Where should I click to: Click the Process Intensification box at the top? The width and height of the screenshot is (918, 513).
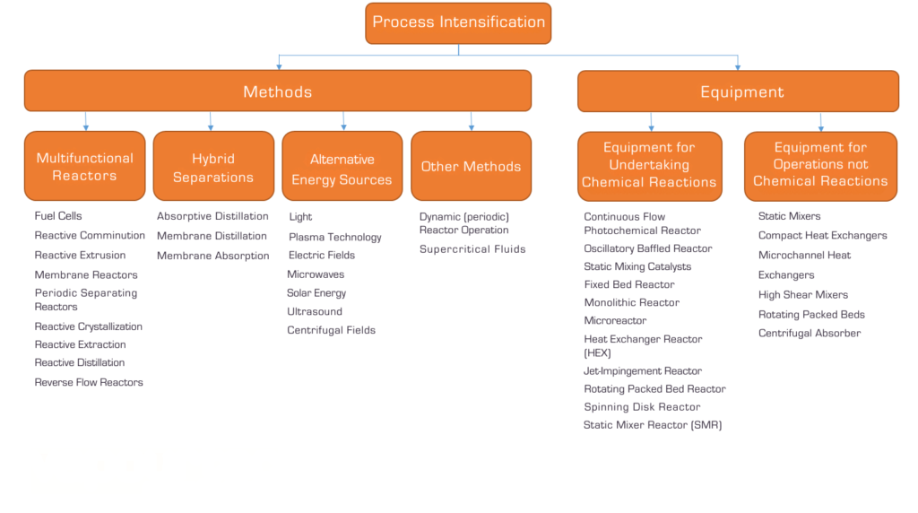tap(458, 22)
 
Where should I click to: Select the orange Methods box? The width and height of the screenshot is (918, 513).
tap(277, 91)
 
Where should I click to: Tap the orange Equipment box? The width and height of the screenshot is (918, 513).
tap(738, 91)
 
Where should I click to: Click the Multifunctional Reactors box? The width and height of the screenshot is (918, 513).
tap(85, 166)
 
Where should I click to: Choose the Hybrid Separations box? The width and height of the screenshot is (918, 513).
tap(213, 166)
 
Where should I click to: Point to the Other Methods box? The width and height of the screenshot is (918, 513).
tap(471, 166)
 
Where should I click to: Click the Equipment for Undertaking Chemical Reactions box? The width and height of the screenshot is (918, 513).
tap(649, 166)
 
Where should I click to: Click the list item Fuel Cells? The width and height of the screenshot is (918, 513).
tap(58, 216)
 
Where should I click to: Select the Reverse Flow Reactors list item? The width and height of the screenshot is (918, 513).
tap(89, 383)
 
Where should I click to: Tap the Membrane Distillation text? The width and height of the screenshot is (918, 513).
tap(212, 236)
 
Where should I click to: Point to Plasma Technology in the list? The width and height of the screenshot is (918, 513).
tap(335, 238)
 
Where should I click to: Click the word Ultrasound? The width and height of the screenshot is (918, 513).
tap(315, 312)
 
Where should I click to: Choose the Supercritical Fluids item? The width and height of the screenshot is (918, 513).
tap(472, 249)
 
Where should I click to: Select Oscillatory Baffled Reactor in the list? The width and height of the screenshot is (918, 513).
tap(648, 248)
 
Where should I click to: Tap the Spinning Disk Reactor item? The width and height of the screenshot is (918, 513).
tap(642, 407)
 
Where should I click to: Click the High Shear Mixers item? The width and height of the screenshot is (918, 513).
tap(803, 295)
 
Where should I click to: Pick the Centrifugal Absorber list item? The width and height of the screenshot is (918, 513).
tap(810, 334)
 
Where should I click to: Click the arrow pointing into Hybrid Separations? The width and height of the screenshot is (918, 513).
tap(211, 122)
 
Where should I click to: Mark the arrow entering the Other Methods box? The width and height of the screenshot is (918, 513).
tap(471, 122)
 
